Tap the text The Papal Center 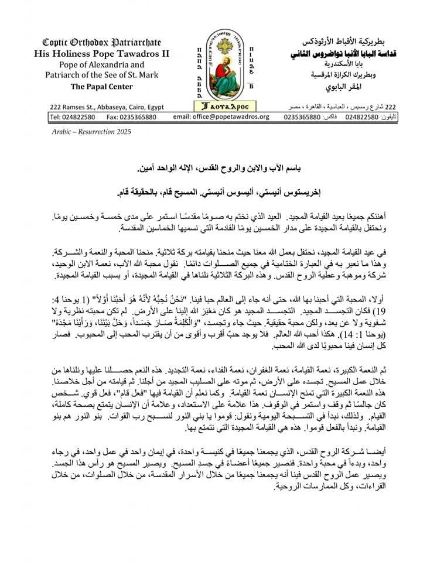(101, 87)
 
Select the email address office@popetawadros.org (222, 116)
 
